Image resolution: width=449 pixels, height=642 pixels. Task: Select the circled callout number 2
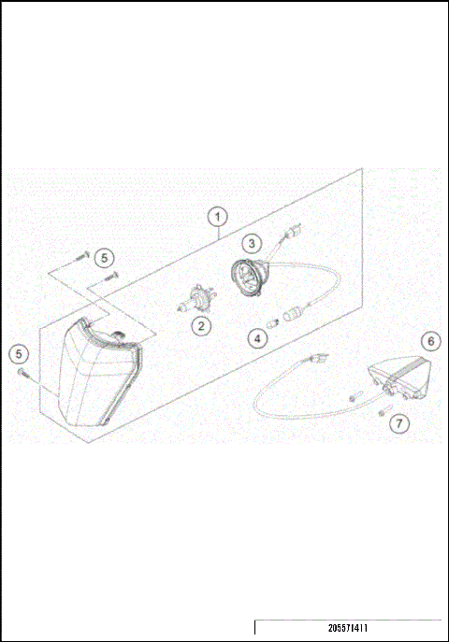[200, 326]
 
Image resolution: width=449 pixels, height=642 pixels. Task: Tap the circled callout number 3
[252, 243]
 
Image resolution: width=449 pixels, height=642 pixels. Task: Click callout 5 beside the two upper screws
[105, 255]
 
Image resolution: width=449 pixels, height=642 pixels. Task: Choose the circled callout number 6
[428, 341]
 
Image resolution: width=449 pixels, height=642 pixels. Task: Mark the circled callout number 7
[399, 422]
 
